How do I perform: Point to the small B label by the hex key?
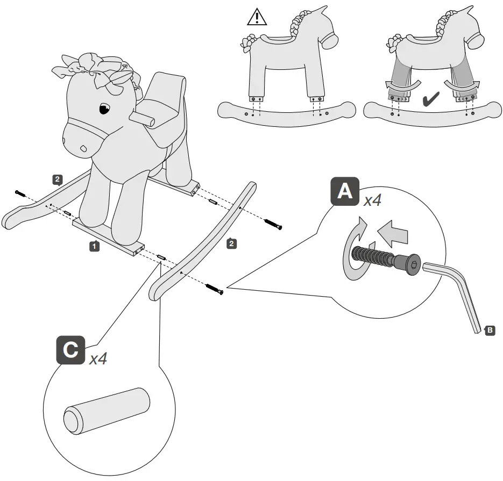pyautogui.click(x=490, y=330)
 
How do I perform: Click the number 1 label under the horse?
pyautogui.click(x=94, y=246)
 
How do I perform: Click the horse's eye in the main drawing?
pyautogui.click(x=104, y=110)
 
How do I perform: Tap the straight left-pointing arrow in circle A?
pyautogui.click(x=393, y=234)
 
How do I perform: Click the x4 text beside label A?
pyautogui.click(x=372, y=200)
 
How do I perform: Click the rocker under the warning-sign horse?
pyautogui.click(x=286, y=113)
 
